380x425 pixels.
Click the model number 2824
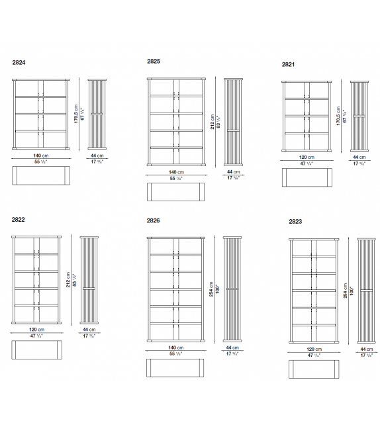pyautogui.click(x=19, y=63)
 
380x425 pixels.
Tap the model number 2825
pyautogui.click(x=154, y=61)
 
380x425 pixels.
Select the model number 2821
pyautogui.click(x=289, y=65)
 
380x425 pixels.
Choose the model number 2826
pyautogui.click(x=154, y=220)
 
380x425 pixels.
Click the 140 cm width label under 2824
pyautogui.click(x=41, y=155)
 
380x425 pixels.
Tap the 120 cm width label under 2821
pyautogui.click(x=306, y=158)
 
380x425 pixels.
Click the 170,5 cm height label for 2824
pyautogui.click(x=76, y=117)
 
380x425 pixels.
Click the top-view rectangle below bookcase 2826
pyautogui.click(x=175, y=367)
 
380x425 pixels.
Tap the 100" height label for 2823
pyautogui.click(x=352, y=291)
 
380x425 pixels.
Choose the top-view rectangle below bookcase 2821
pyautogui.click(x=306, y=178)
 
